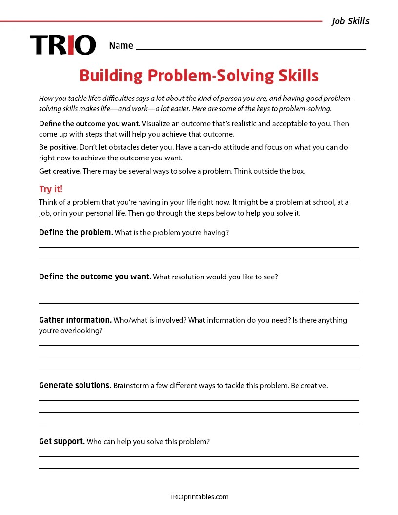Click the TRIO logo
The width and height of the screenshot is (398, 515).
coord(63,45)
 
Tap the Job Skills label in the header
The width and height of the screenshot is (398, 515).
coord(350,21)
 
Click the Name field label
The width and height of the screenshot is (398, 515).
coord(121,46)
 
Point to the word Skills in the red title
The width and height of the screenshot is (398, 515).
coord(295,76)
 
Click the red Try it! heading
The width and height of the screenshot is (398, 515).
coord(51,189)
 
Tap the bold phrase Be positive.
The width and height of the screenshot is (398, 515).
coord(58,147)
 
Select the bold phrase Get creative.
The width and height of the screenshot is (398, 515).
coord(60,171)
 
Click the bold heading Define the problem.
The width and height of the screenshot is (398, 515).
coord(76,233)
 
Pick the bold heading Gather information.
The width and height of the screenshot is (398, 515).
coord(75,320)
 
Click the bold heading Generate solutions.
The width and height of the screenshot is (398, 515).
coord(75,386)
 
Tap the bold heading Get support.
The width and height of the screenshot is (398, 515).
coord(61,442)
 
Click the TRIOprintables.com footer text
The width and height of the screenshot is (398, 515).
coord(199,497)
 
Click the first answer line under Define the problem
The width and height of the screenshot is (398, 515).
coord(199,247)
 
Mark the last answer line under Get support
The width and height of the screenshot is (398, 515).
coord(199,468)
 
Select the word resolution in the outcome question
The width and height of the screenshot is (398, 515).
coord(188,277)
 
